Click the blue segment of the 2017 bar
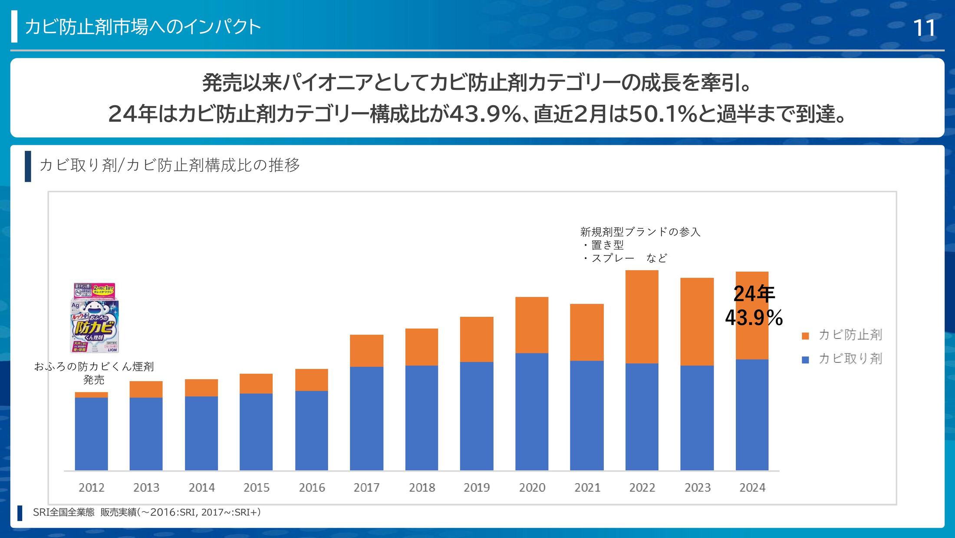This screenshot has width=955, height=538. pyautogui.click(x=366, y=418)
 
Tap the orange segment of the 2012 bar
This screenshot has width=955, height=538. pyautogui.click(x=91, y=395)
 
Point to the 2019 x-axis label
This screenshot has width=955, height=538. pyautogui.click(x=476, y=488)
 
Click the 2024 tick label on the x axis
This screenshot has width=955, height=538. pyautogui.click(x=752, y=488)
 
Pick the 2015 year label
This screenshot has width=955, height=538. pyautogui.click(x=256, y=488)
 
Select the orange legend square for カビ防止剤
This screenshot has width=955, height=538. pyautogui.click(x=805, y=336)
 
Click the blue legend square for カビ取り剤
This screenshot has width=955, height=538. pyautogui.click(x=805, y=360)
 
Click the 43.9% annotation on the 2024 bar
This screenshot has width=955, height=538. pyautogui.click(x=754, y=318)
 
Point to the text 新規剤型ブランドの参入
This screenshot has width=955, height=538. pyautogui.click(x=640, y=232)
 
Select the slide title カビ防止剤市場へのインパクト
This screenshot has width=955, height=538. pyautogui.click(x=143, y=27)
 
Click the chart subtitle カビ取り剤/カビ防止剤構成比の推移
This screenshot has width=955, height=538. pyautogui.click(x=169, y=165)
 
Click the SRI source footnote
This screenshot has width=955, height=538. pyautogui.click(x=147, y=512)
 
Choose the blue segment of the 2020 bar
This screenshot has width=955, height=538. pyautogui.click(x=532, y=411)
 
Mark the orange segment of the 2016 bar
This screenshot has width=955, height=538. pyautogui.click(x=311, y=380)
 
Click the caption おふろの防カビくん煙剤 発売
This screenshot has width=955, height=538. pyautogui.click(x=94, y=373)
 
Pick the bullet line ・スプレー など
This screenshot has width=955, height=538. pyautogui.click(x=625, y=258)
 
